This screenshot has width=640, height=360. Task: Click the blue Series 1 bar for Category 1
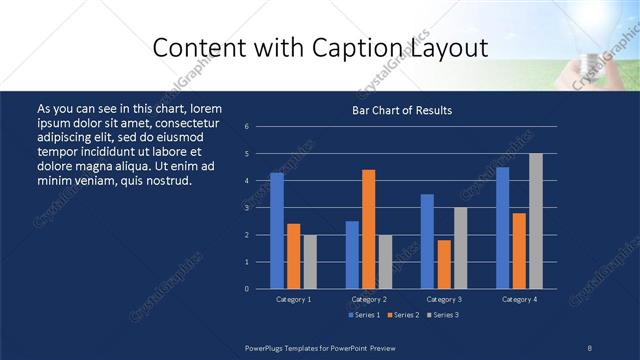[x=277, y=230]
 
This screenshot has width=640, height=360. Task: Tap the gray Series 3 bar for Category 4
[x=536, y=221]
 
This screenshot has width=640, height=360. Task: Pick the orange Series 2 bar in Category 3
[x=444, y=264]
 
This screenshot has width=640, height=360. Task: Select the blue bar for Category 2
[x=352, y=254]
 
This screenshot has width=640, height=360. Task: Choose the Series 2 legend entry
[x=402, y=316]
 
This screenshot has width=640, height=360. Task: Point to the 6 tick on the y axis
[x=246, y=127]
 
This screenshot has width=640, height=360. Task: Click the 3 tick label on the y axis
[x=246, y=208]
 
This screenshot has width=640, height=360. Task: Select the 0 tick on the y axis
[x=246, y=289]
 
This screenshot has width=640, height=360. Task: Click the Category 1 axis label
[x=293, y=299]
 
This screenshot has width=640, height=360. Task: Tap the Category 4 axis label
[x=519, y=299]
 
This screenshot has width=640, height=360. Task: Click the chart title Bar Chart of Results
[x=402, y=110]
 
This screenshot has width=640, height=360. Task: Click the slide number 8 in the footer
[x=590, y=347]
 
